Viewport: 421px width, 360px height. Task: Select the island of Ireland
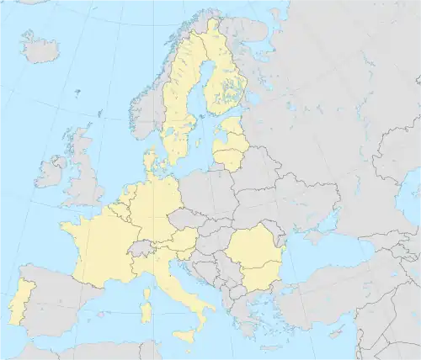click(x=49, y=174)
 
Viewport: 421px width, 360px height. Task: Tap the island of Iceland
click(x=40, y=49)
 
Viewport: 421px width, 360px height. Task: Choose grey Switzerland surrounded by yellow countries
click(x=145, y=248)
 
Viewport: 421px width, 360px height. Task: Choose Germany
click(x=156, y=206)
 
